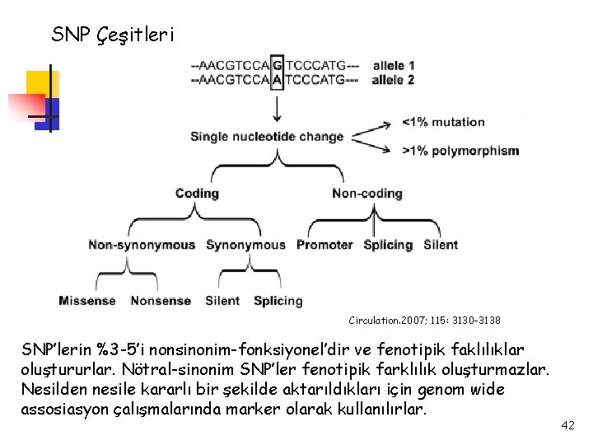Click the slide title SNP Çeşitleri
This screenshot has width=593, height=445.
(113, 35)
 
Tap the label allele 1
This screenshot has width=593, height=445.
(393, 65)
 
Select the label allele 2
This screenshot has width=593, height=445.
(393, 80)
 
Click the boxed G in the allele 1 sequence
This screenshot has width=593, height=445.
(277, 65)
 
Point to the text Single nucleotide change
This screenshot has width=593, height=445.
(267, 137)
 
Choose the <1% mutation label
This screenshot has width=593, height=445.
(443, 122)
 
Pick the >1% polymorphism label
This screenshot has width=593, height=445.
(460, 151)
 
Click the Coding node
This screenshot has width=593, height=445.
(197, 194)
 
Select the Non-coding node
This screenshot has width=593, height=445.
(367, 194)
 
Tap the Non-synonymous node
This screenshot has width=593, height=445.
(142, 245)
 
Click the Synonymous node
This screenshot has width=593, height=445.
(245, 245)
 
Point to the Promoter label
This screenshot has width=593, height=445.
(325, 245)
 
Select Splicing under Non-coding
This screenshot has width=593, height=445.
(388, 245)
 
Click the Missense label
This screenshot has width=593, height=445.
(87, 301)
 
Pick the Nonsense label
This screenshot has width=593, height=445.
(161, 301)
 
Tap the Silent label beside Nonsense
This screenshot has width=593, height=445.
(222, 301)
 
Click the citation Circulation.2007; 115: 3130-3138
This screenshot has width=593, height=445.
(425, 319)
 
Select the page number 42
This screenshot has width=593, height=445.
(567, 425)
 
